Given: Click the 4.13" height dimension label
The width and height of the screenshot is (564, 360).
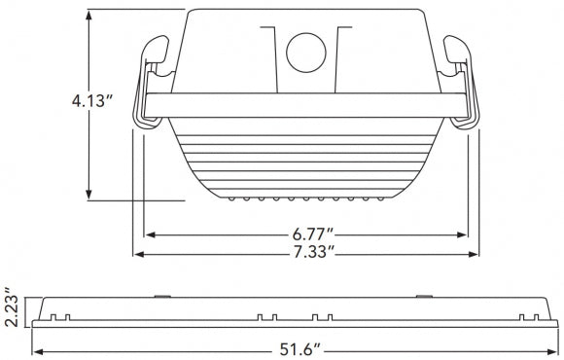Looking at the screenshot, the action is [x=92, y=101].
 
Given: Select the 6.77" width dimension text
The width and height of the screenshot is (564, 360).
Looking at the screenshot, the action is [x=313, y=234].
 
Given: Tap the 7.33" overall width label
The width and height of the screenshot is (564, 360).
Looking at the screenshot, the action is [x=313, y=252].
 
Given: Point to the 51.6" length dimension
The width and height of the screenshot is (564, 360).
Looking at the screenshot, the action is [x=300, y=349].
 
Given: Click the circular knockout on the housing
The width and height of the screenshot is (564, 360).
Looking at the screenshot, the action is [x=306, y=53].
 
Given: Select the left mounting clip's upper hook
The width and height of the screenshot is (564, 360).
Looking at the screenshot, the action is [x=155, y=49].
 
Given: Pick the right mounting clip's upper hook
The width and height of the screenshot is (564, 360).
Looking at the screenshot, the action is [x=457, y=49].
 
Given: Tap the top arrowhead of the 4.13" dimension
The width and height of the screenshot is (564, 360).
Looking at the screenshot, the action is [x=88, y=16].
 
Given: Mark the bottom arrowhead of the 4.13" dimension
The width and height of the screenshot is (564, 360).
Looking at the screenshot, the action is [x=88, y=195].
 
